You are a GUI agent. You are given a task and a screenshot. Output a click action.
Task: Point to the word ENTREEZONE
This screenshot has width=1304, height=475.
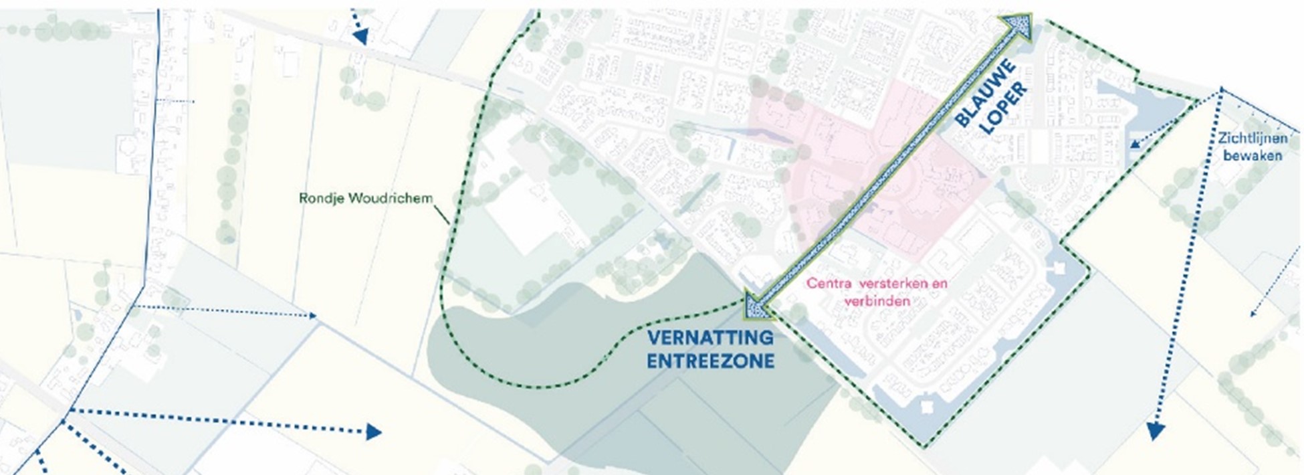click(x=710, y=361)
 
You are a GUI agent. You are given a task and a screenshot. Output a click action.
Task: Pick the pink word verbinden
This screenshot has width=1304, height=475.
click(x=877, y=300)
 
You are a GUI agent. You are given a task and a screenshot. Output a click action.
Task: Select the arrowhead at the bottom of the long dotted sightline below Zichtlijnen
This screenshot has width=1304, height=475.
click(x=1154, y=431)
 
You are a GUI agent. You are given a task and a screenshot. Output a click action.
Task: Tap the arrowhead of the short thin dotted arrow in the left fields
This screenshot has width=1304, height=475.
click(x=312, y=315)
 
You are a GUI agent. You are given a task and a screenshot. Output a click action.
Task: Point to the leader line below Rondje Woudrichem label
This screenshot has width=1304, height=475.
click(x=442, y=214)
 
